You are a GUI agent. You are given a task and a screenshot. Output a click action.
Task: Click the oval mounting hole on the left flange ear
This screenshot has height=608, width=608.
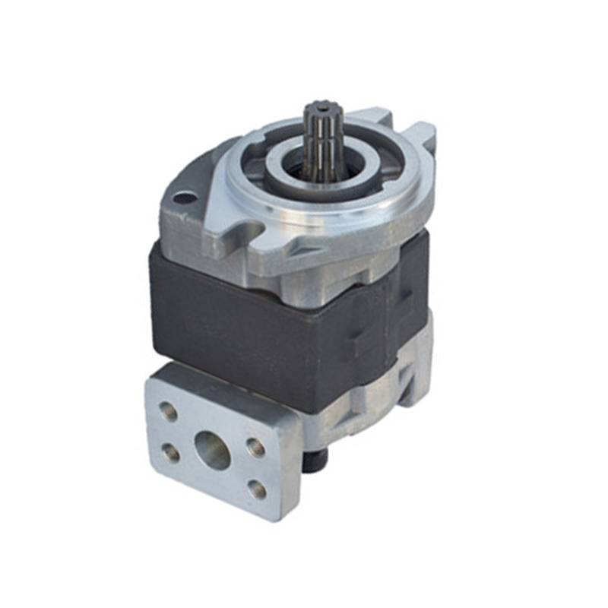coord(182,198)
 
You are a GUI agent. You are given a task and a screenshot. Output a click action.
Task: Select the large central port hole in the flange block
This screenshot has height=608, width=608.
coord(212,450)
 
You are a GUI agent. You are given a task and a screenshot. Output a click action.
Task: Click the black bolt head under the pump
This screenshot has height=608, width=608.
coord(312,460)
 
